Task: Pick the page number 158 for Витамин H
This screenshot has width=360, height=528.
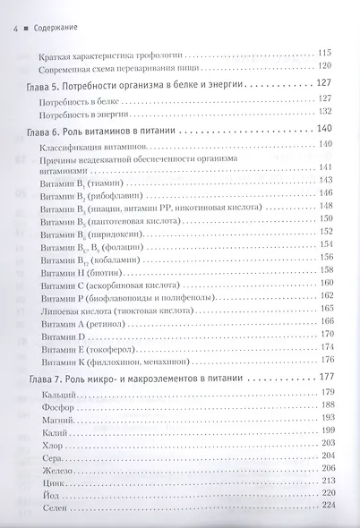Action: coord(326,269)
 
